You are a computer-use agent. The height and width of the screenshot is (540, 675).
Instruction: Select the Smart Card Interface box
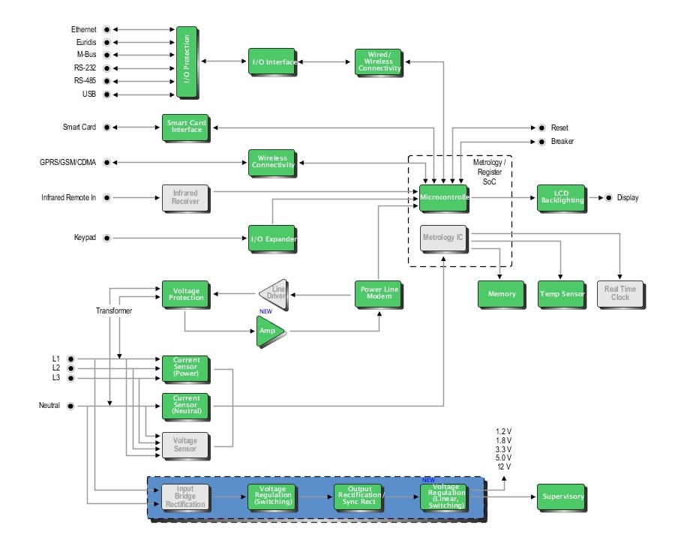click(x=184, y=127)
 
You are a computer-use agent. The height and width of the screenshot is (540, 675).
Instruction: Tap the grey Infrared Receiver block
click(x=184, y=198)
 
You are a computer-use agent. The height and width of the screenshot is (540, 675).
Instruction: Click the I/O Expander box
click(x=272, y=238)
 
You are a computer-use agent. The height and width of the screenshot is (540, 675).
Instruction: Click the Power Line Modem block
click(x=379, y=294)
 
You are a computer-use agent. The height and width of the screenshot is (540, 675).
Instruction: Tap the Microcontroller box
click(x=443, y=198)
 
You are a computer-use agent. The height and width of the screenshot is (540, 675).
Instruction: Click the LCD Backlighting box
click(x=560, y=198)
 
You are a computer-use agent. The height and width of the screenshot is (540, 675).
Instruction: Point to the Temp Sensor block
click(x=561, y=294)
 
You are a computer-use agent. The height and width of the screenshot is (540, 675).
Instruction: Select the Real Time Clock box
click(x=620, y=294)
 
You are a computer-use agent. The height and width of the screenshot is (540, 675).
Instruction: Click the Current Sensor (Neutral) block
click(x=186, y=406)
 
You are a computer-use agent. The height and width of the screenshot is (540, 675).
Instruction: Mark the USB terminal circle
click(x=106, y=94)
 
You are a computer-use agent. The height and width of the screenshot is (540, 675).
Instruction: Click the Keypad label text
click(x=84, y=238)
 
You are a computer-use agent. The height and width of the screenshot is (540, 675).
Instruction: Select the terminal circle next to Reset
click(x=541, y=127)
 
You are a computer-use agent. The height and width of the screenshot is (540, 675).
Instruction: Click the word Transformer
click(x=115, y=310)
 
